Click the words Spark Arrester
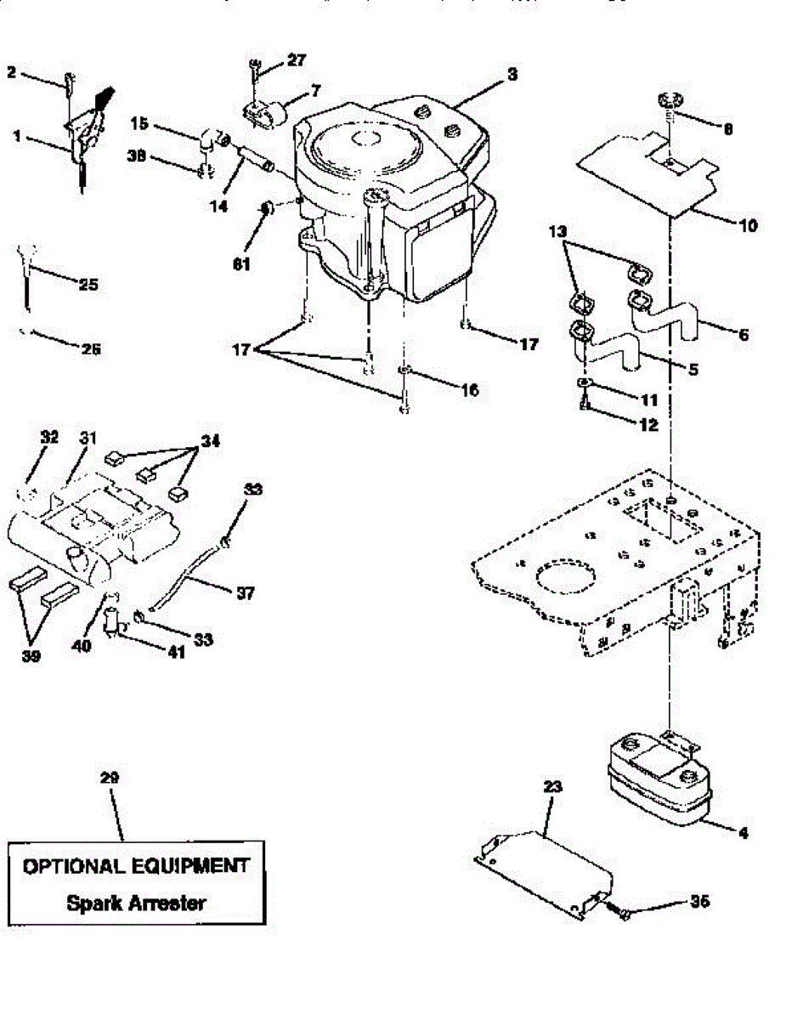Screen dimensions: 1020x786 click(136, 903)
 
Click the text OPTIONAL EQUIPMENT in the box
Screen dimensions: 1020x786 click(136, 866)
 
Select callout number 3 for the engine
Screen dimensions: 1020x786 click(512, 75)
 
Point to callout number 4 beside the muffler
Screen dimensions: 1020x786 click(743, 833)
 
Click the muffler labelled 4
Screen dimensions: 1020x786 click(659, 782)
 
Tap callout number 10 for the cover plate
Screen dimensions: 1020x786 click(749, 227)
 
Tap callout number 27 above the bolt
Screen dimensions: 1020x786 click(296, 60)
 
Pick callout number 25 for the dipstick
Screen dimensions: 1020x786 click(88, 285)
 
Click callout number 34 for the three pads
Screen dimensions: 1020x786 click(210, 440)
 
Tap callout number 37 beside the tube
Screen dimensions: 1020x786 click(245, 593)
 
